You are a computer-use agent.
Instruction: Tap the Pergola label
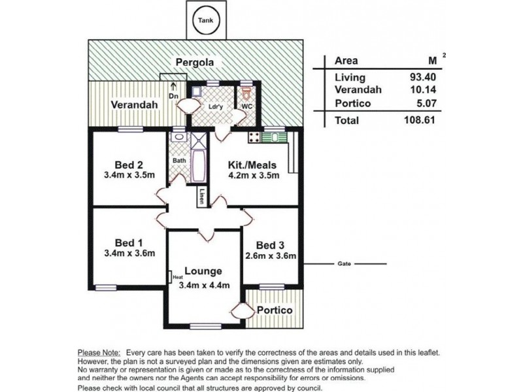[195, 63]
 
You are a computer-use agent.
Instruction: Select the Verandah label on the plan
[134, 105]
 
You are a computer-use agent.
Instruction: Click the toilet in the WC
[246, 94]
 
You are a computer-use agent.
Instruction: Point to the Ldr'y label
[215, 107]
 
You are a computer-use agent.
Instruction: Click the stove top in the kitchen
[254, 137]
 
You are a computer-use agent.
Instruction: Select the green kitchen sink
[274, 137]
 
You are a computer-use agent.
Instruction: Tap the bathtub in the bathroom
[199, 166]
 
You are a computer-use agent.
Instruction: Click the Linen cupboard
[202, 197]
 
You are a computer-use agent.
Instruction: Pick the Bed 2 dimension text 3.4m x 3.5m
[129, 175]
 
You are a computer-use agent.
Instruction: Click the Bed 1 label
[129, 242]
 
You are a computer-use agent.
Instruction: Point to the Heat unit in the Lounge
[170, 277]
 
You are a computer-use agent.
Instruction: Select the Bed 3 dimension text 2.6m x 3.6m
[271, 256]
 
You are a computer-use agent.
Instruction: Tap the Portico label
[275, 310]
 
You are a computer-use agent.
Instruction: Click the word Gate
[345, 264]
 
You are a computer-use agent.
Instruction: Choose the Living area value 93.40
[422, 77]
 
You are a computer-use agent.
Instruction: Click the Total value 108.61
[420, 120]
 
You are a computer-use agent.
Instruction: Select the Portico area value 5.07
[426, 103]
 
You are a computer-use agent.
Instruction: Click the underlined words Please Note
[99, 352]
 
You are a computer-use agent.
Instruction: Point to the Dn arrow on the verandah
[173, 87]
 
